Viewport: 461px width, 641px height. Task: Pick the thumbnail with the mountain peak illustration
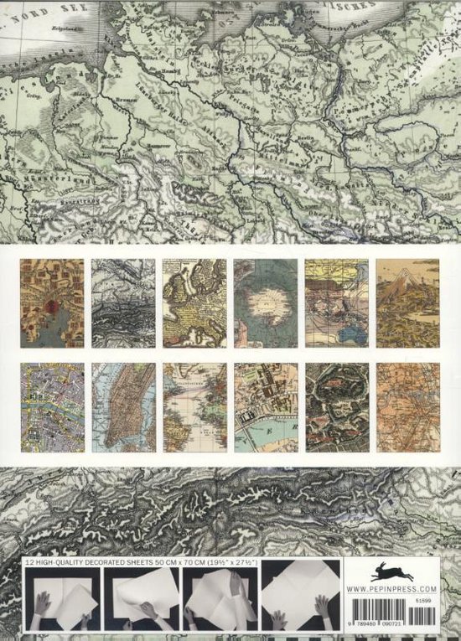tap(407, 302)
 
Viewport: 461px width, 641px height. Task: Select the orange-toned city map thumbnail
tap(407, 407)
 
